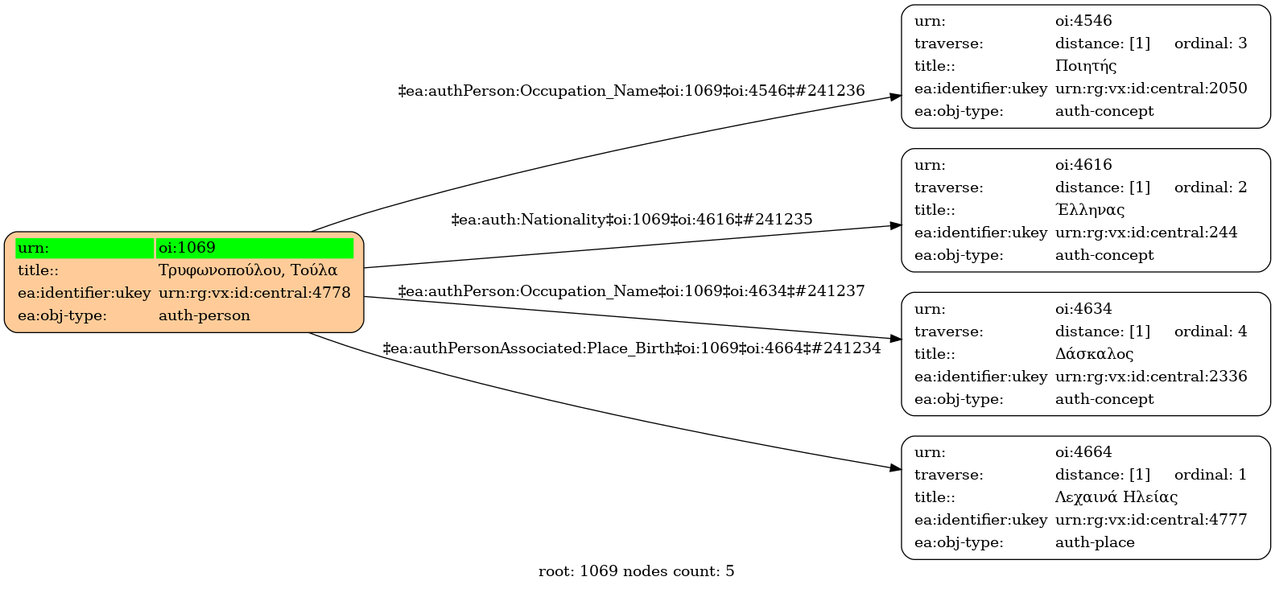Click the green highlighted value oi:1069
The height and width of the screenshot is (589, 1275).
187,248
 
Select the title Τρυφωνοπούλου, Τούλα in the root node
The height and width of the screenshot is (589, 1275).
248,270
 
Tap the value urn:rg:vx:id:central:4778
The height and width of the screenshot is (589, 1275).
254,293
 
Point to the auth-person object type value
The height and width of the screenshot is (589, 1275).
204,315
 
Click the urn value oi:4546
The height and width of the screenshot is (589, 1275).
1083,20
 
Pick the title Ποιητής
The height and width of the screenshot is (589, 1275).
1086,66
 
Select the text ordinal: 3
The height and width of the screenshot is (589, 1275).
1211,43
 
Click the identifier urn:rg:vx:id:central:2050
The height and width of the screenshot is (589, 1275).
1151,89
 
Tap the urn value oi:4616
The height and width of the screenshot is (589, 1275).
1083,164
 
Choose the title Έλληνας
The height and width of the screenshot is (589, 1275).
1089,209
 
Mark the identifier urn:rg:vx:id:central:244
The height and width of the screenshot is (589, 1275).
1145,233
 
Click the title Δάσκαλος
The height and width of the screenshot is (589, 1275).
1094,353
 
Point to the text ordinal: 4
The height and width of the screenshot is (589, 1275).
1211,332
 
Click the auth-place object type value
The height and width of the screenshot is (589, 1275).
1095,542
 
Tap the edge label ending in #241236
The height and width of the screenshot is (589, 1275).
631,90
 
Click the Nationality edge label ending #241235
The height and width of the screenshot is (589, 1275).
632,219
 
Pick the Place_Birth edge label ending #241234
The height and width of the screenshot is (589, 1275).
632,348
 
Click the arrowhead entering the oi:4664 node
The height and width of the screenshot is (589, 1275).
896,468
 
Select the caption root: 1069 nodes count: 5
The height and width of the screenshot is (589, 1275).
637,570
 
